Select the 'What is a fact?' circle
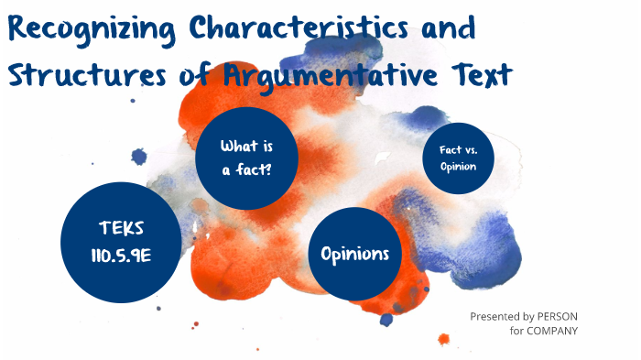pos(247,158)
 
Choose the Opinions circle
pos(355,253)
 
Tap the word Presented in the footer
pos(495,316)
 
